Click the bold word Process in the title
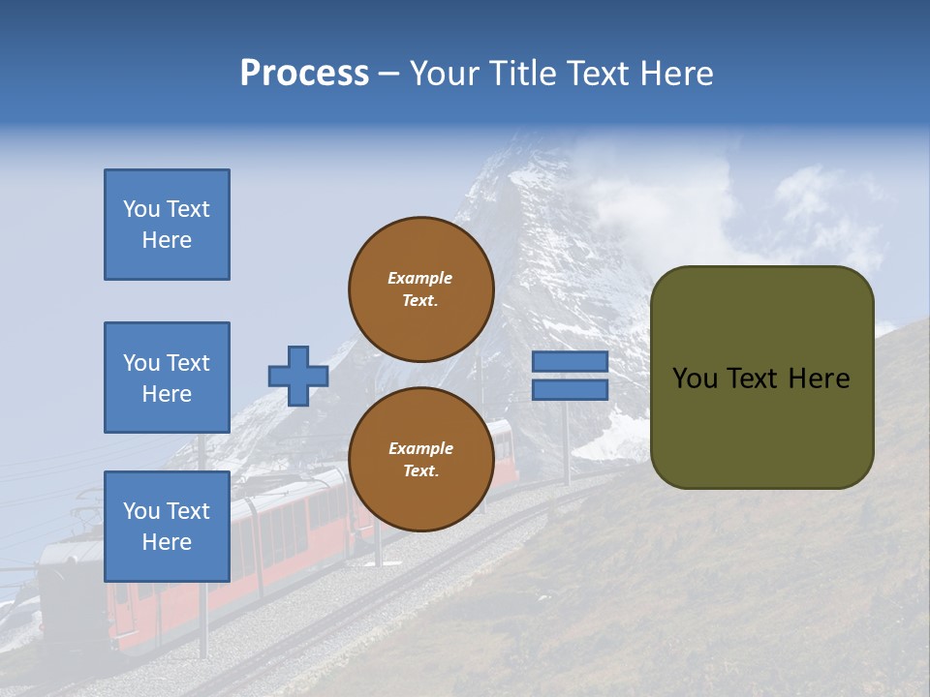coord(304,74)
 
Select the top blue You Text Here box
coord(167,225)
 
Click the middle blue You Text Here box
coord(167,378)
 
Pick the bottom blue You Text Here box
coord(167,527)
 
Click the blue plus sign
coord(298,376)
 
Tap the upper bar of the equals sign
coord(570,362)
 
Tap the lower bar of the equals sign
coord(570,390)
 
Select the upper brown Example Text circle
coord(420,288)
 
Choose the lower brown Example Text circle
coord(420,459)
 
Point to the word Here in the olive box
coord(819,379)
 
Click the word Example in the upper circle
coord(419,278)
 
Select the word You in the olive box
coord(695,379)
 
